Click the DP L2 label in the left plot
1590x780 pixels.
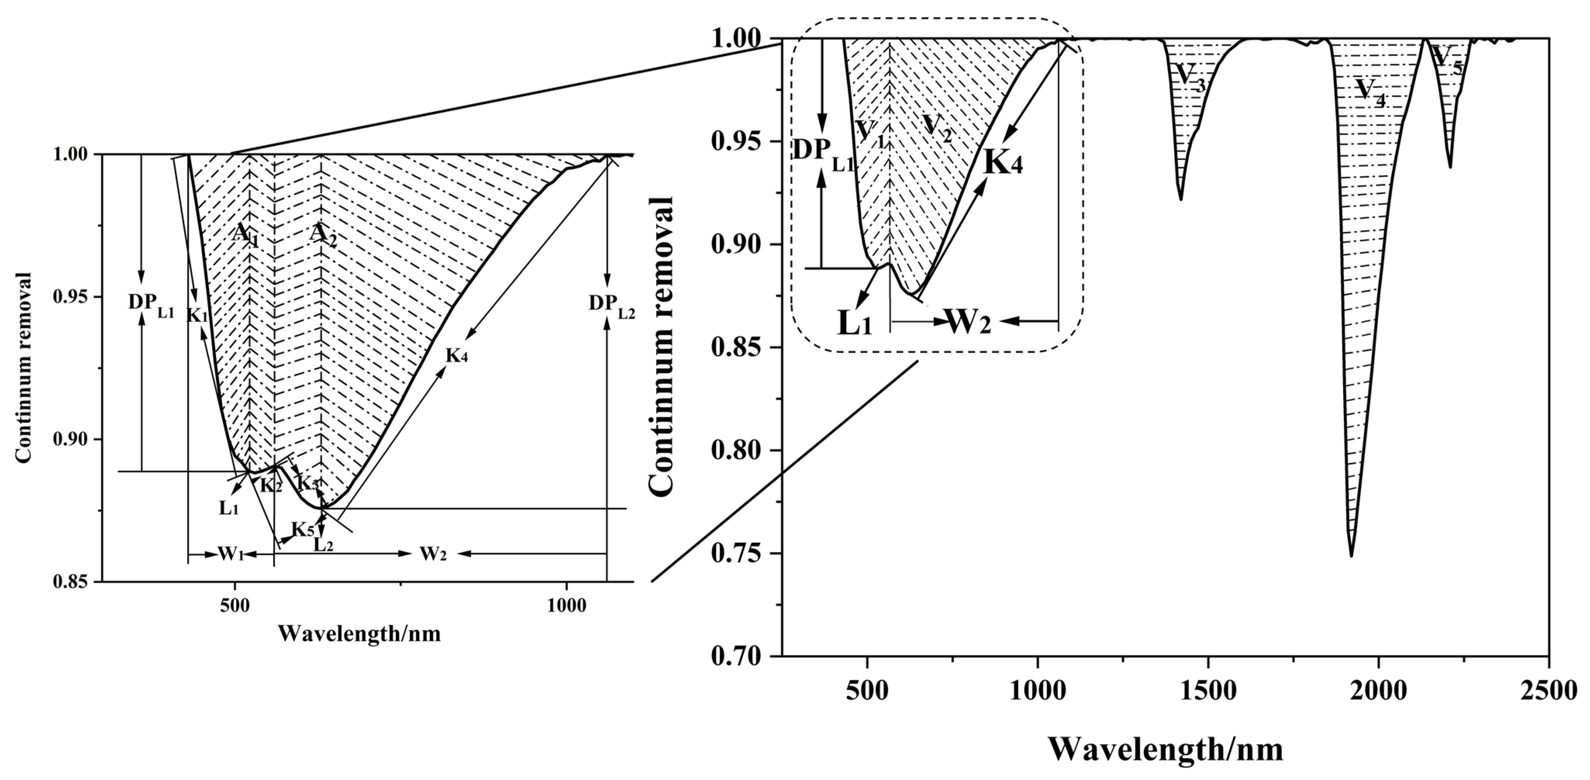coord(611,304)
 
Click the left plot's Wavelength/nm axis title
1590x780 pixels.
coord(359,634)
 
